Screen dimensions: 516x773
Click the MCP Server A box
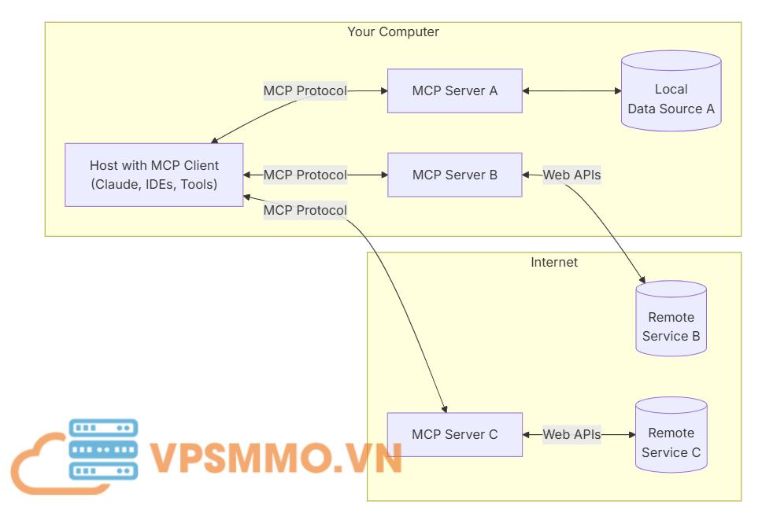click(x=454, y=90)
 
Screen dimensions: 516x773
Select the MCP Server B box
click(x=454, y=175)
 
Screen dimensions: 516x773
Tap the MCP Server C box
click(x=454, y=433)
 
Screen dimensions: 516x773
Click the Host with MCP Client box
click(x=153, y=175)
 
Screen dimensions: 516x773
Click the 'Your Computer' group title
click(x=393, y=32)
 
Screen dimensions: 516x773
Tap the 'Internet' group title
click(x=553, y=262)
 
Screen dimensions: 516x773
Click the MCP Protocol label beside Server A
click(x=305, y=90)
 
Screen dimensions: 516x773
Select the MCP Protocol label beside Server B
click(x=305, y=175)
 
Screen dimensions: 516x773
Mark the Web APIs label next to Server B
click(x=571, y=175)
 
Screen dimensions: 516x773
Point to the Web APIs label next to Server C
click(x=571, y=433)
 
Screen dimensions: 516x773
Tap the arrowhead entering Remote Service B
click(x=643, y=280)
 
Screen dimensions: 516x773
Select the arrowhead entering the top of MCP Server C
click(x=446, y=408)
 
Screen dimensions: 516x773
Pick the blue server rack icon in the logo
click(x=103, y=449)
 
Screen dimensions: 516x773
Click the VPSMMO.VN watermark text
click(x=276, y=457)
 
